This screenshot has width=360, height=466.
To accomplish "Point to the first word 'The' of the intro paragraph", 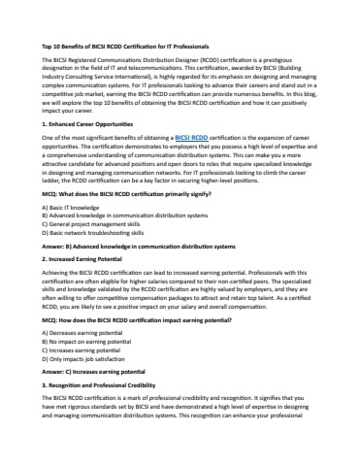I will [x=48, y=60].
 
